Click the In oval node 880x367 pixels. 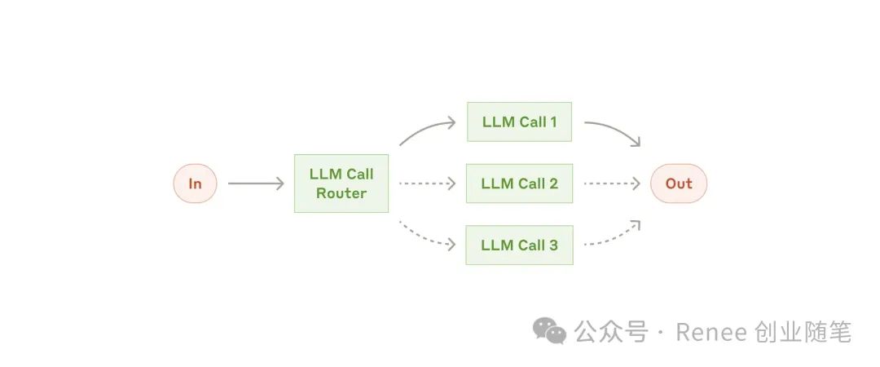195,183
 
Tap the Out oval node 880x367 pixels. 678,183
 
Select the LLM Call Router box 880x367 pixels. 341,183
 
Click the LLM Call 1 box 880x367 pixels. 519,122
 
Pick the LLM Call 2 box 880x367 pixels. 519,183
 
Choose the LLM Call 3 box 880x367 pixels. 519,245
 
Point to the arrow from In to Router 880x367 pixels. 255,183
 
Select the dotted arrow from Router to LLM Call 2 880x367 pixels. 426,183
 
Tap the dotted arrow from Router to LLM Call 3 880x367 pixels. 426,235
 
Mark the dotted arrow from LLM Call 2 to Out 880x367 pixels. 611,183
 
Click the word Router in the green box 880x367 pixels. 341,194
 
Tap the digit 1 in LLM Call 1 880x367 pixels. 553,122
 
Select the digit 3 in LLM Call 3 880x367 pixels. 553,245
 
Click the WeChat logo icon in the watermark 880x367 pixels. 549,331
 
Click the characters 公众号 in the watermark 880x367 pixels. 610,332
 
